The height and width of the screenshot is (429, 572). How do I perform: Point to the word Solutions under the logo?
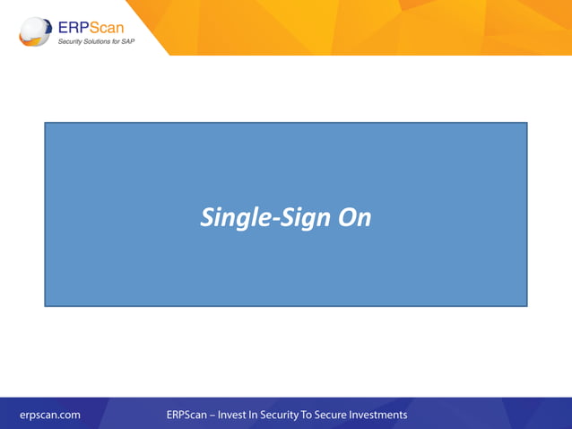(98, 41)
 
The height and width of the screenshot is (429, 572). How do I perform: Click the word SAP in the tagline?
(129, 41)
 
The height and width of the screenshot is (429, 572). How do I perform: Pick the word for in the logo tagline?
(117, 41)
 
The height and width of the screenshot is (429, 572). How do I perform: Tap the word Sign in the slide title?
(302, 218)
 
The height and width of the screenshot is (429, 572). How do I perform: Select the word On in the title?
(353, 217)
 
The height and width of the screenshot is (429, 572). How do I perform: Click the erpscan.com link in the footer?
(50, 415)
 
